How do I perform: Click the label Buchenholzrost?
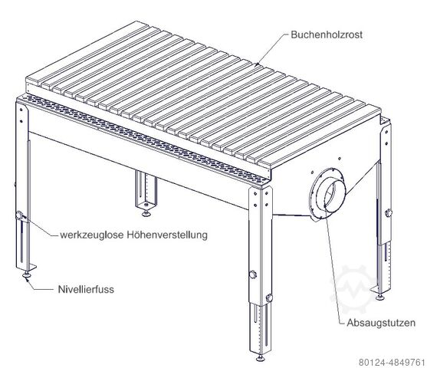pos(327,34)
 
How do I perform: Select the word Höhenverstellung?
pos(167,235)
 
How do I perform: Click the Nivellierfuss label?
pos(86,289)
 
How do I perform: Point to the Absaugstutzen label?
pos(381,323)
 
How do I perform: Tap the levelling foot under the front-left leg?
pos(27,275)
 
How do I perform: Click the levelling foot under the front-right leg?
pos(261,358)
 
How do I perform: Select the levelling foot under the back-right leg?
pos(380,297)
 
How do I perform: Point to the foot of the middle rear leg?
pos(146,213)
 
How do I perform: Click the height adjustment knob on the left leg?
pos(19,215)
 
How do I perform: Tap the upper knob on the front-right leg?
pos(253,274)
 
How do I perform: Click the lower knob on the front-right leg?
pos(269,297)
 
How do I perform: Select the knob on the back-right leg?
pos(388,212)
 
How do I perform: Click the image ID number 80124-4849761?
pos(391,363)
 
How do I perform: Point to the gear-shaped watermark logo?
pos(352,289)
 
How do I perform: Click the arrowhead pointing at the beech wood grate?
pos(257,64)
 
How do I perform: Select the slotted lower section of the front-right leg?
pos(260,329)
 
